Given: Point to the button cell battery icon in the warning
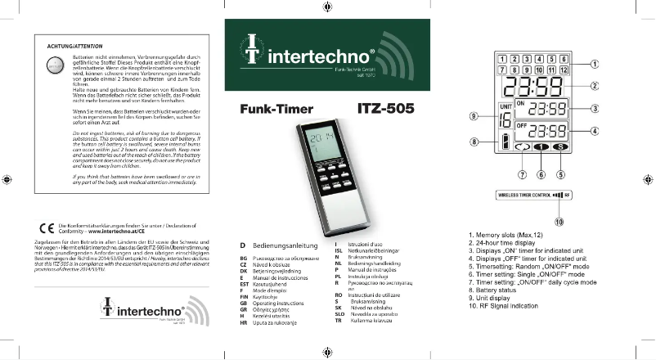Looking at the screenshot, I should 54,67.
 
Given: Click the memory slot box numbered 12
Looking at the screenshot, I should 564,70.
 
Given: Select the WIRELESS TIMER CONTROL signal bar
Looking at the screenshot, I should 535,196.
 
